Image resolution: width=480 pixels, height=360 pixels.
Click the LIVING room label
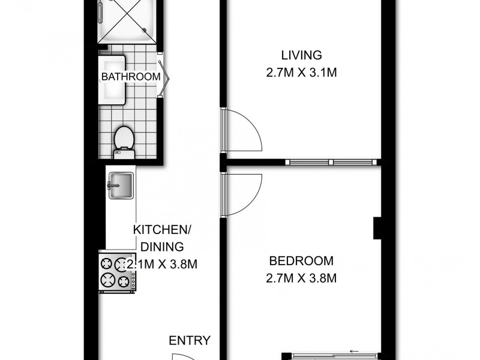point(301,56)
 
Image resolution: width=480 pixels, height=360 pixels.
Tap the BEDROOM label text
point(301,261)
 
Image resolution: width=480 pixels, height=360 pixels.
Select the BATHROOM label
point(131,77)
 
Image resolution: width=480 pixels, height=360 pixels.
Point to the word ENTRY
point(189,341)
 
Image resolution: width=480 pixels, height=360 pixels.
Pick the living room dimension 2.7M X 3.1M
point(301,73)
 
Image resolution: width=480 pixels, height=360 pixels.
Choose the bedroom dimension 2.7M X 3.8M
point(301,278)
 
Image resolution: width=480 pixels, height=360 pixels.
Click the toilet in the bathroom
point(123,140)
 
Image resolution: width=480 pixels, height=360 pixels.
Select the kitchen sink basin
point(121,184)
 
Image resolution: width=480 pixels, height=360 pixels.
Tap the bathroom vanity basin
point(113,79)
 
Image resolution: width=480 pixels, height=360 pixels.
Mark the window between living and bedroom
point(331,161)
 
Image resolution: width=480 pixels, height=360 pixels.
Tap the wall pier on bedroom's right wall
point(378,227)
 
